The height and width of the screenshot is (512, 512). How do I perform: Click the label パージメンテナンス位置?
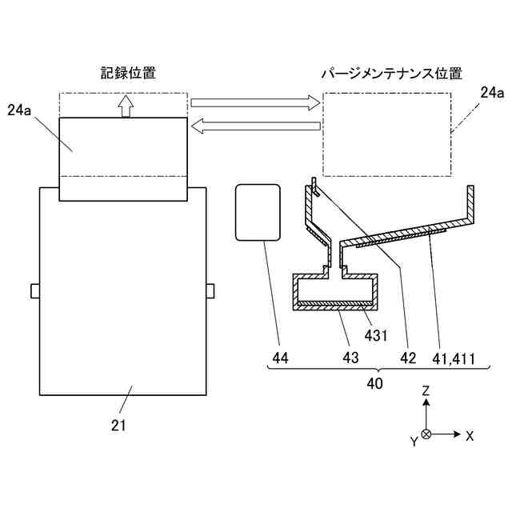click(391, 73)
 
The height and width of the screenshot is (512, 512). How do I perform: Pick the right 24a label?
click(491, 93)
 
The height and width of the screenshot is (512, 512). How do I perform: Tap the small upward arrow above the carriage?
click(125, 106)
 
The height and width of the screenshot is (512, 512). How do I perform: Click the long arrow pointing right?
click(254, 102)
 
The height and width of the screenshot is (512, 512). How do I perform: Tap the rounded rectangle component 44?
click(258, 211)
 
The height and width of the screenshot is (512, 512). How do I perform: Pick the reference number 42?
click(409, 359)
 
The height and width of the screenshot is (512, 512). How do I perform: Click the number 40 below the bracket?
click(374, 383)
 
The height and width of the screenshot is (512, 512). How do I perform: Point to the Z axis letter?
click(427, 391)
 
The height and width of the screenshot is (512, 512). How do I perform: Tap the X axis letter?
click(470, 436)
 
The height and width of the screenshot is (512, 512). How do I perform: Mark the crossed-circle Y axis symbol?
click(426, 434)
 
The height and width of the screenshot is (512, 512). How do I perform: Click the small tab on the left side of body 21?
click(34, 290)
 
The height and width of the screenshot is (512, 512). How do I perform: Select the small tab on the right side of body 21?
click(210, 290)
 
